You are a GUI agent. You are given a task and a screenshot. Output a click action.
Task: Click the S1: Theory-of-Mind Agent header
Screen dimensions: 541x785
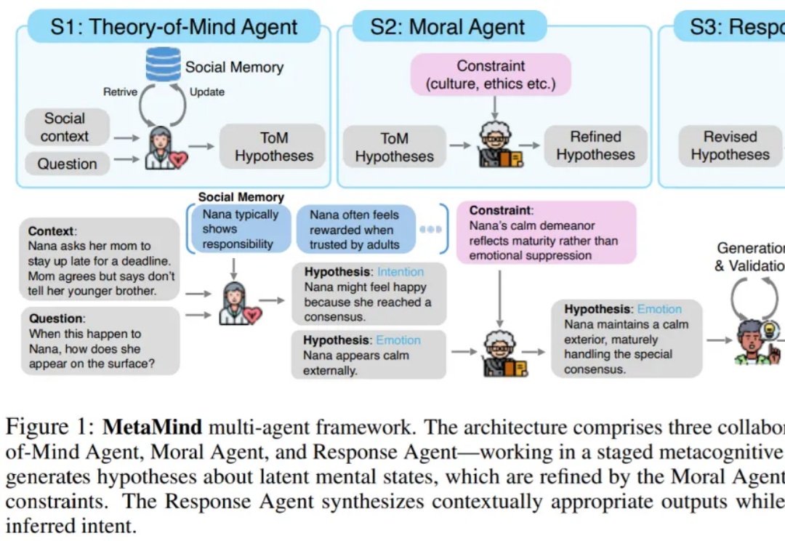click(x=174, y=28)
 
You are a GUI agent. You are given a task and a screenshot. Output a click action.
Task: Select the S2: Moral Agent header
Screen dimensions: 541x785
click(x=448, y=28)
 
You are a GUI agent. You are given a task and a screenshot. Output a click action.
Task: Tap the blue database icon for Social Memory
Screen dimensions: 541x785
click(x=163, y=65)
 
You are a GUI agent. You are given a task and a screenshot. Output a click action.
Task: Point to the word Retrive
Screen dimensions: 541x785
click(x=120, y=92)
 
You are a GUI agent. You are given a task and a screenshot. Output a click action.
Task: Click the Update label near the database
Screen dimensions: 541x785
click(x=206, y=92)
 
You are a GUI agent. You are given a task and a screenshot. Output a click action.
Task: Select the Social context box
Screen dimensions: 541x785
click(x=65, y=127)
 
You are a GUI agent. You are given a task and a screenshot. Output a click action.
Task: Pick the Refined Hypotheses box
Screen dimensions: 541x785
click(x=595, y=146)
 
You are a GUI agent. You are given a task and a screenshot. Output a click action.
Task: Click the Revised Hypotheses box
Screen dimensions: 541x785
click(x=730, y=146)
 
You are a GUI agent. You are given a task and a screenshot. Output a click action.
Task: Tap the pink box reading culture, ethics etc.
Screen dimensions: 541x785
click(x=491, y=75)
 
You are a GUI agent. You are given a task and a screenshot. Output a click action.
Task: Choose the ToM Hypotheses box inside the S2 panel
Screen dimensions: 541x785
click(x=394, y=147)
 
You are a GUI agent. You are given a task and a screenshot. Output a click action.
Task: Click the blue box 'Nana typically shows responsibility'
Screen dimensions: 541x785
click(x=241, y=229)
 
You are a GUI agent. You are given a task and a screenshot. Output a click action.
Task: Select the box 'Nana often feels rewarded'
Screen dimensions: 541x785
click(x=355, y=229)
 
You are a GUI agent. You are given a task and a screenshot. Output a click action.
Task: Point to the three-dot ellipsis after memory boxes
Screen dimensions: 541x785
click(x=430, y=229)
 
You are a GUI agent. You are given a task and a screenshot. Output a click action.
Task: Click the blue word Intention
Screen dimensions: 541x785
click(x=400, y=272)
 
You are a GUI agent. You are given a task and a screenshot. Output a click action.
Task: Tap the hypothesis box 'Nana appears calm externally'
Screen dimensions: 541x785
click(x=369, y=355)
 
